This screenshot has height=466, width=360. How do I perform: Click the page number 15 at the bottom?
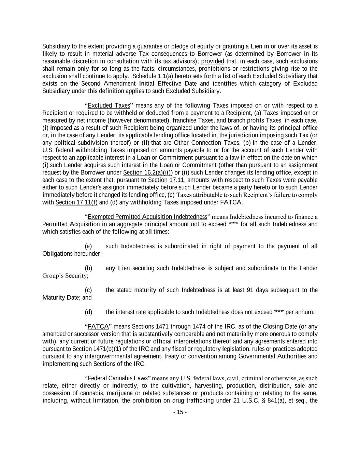tap(180, 412)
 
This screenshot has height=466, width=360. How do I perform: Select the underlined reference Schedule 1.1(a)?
tap(153, 76)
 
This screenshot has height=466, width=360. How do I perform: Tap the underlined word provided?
tap(212, 61)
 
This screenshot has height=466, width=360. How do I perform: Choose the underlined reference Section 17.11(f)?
tap(76, 202)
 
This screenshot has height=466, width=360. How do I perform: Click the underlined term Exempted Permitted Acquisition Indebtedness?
tap(147, 217)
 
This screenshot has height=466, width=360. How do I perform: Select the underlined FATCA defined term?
tap(98, 327)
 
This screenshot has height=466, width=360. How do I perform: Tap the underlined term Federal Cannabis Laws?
tap(117, 378)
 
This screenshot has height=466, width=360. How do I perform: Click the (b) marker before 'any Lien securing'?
tap(88, 268)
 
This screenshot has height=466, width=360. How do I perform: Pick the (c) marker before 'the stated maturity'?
tap(88, 290)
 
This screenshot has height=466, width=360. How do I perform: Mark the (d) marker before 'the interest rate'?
tap(88, 312)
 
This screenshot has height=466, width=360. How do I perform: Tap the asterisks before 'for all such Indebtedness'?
tap(233, 224)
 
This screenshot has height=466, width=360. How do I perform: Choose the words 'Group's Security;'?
tap(65, 276)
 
